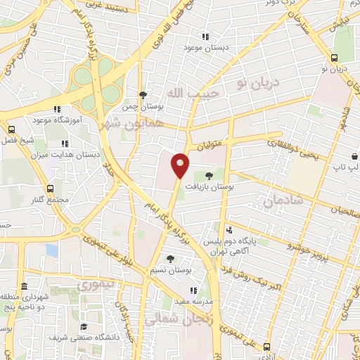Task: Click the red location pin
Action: coord(180,165)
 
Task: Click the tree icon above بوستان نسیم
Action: coord(170,259)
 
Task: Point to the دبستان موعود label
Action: coord(203,47)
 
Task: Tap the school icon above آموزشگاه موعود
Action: coord(57,109)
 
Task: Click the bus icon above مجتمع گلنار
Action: coord(51,189)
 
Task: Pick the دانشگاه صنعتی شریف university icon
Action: coord(84,326)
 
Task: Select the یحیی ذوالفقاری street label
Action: coord(292,148)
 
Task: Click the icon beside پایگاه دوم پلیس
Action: coord(229,231)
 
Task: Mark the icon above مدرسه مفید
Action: coord(193,290)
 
